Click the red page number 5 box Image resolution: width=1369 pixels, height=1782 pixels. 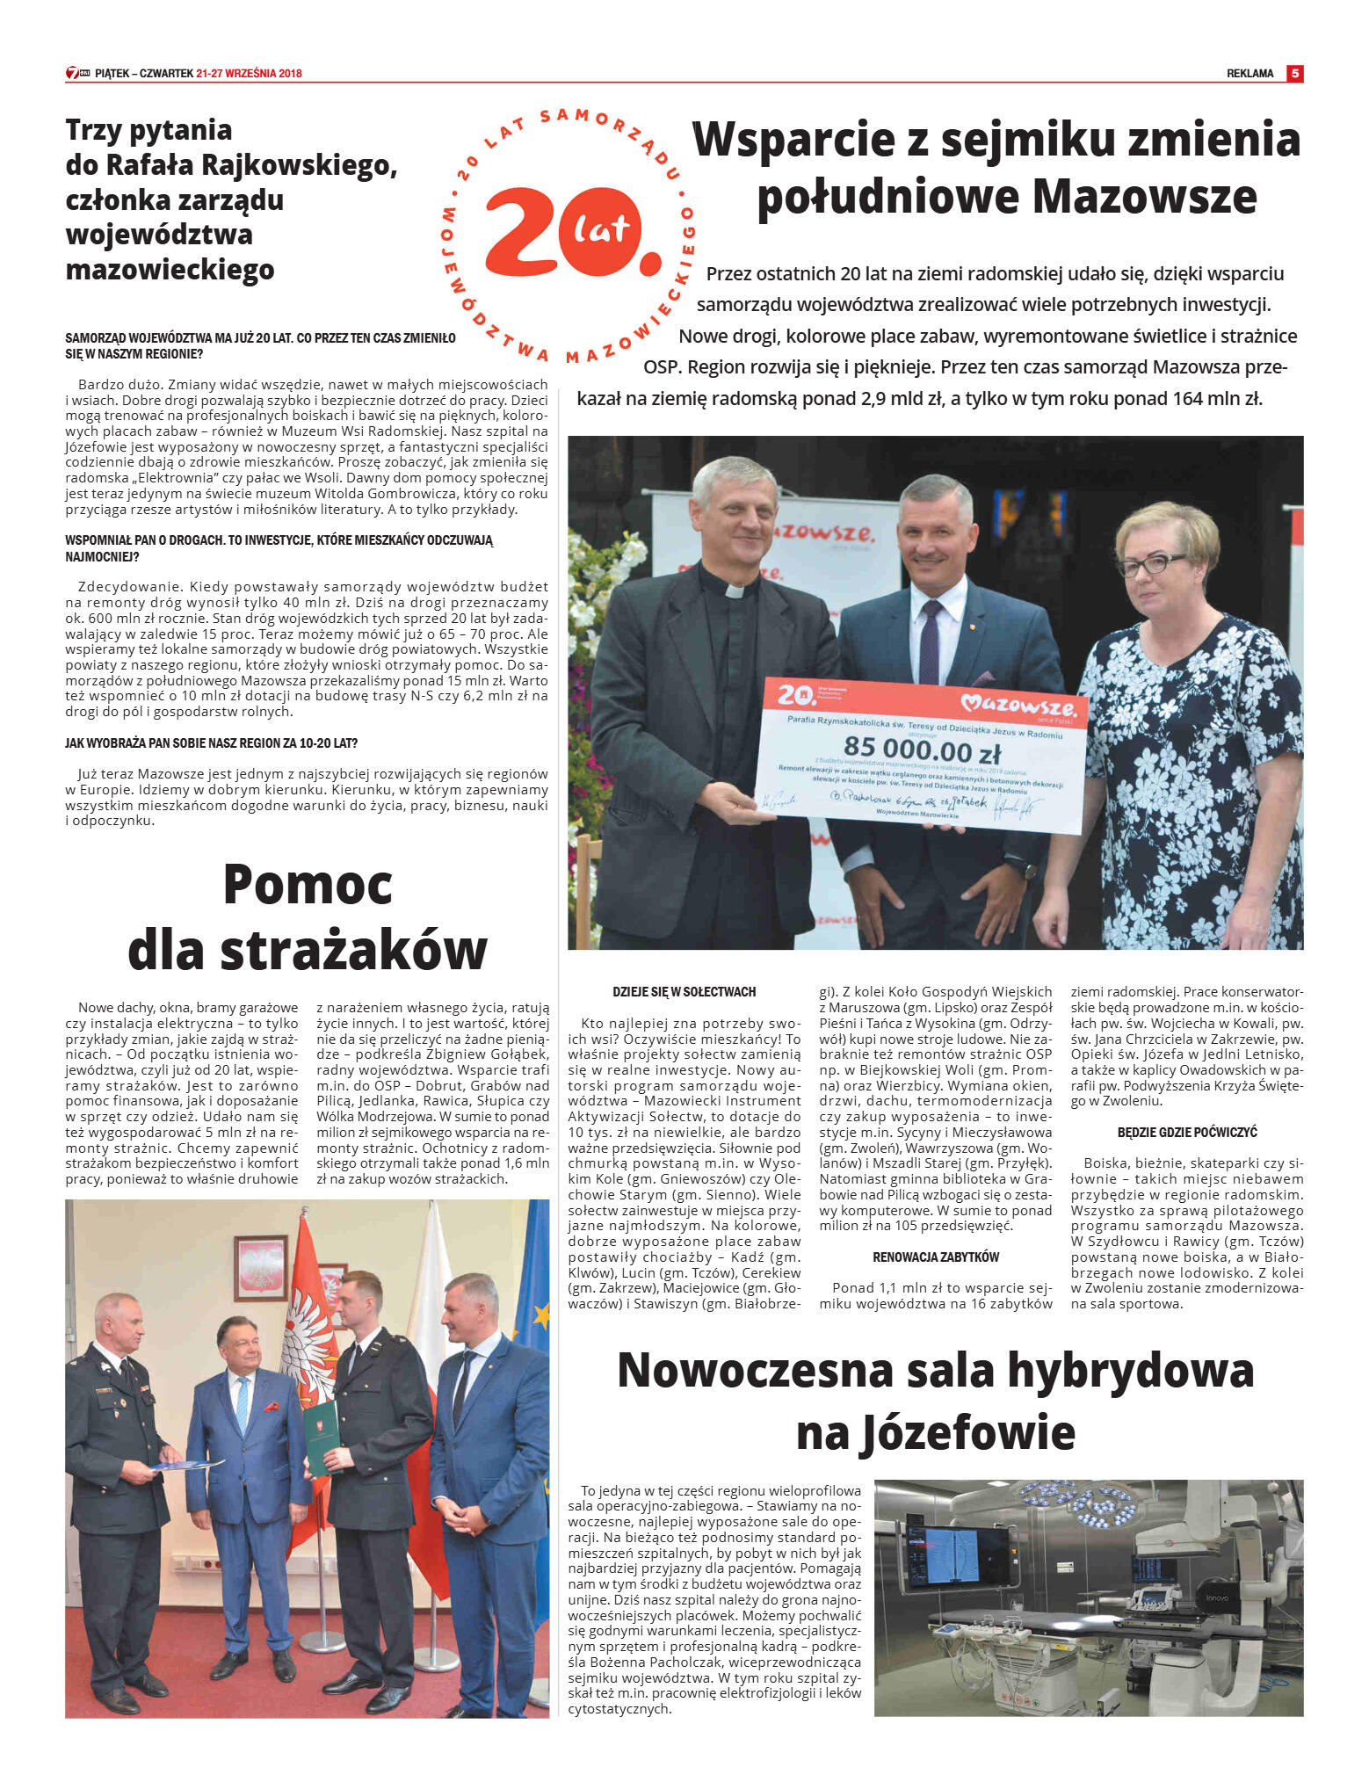[1294, 74]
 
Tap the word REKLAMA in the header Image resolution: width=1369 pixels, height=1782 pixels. [1249, 74]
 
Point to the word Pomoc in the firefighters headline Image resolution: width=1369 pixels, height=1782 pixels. [308, 884]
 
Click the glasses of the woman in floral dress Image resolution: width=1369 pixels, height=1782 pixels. [1149, 564]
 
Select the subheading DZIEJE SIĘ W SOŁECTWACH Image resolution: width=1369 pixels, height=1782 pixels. [684, 992]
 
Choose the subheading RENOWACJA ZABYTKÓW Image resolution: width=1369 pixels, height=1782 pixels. [936, 1257]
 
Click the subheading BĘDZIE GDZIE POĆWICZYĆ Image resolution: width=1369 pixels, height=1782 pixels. [1187, 1133]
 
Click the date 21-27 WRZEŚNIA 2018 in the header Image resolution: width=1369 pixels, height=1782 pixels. [250, 74]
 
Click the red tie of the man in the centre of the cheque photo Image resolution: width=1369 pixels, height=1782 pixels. [930, 633]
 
